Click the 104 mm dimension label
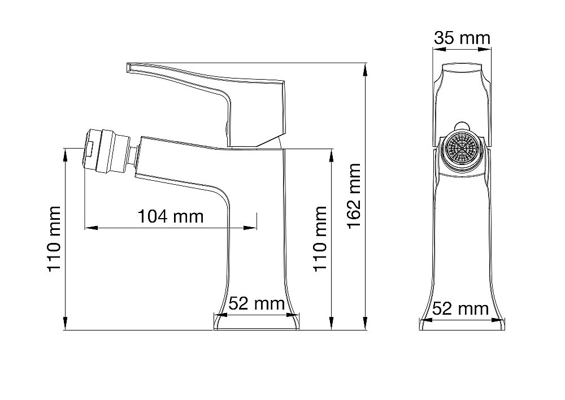171,216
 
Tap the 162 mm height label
354,195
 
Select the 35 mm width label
462,38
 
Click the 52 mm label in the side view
460,309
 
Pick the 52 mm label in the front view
257,303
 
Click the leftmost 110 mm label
54,239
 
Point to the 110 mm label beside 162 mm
320,239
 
